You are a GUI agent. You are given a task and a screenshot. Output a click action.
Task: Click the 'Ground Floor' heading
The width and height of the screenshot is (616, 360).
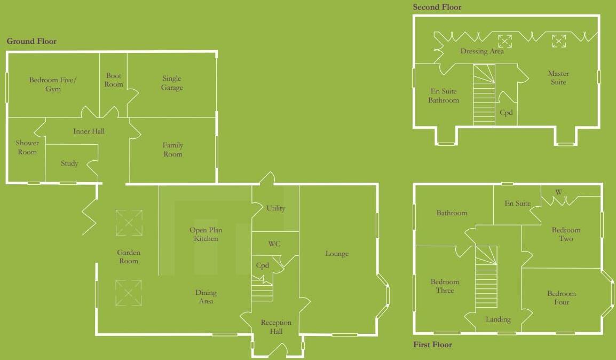point(31,41)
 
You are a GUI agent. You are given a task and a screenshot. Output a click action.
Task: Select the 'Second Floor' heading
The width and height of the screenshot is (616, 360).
point(437,7)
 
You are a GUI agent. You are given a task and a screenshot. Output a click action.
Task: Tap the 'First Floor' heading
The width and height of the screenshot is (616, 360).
point(432,345)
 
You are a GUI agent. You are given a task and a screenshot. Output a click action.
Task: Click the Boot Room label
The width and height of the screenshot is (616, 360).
point(114,80)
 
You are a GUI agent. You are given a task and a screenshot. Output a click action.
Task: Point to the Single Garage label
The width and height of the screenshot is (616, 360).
point(171,83)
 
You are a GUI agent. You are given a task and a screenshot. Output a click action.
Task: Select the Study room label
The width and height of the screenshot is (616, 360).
point(69,163)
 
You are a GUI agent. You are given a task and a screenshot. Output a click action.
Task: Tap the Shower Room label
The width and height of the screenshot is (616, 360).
point(27,147)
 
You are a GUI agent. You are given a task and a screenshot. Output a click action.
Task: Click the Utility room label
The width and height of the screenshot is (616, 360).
point(275,208)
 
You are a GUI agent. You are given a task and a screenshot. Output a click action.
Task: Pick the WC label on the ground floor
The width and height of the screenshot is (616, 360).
point(274,244)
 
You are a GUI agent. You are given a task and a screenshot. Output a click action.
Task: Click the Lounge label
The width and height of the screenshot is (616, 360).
point(337,254)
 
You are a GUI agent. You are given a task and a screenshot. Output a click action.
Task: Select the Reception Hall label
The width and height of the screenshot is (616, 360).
point(276,327)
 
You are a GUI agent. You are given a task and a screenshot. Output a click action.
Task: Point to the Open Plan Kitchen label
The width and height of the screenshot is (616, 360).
point(206,234)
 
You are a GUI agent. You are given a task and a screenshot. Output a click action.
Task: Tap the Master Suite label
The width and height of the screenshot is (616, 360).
point(558,78)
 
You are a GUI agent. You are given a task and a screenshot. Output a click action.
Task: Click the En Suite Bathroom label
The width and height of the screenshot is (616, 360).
point(443,96)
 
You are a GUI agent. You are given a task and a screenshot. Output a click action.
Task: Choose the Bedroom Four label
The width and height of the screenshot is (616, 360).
point(561,298)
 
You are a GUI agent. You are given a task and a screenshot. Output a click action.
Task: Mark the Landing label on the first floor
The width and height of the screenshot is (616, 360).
point(498,319)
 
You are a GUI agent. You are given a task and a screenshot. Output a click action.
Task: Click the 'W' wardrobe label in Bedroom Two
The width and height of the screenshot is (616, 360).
point(558,192)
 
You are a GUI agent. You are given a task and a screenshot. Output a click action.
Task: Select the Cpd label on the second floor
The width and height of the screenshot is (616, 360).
point(506,113)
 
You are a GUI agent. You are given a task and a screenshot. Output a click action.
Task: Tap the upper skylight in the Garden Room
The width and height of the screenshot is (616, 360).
point(129,223)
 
